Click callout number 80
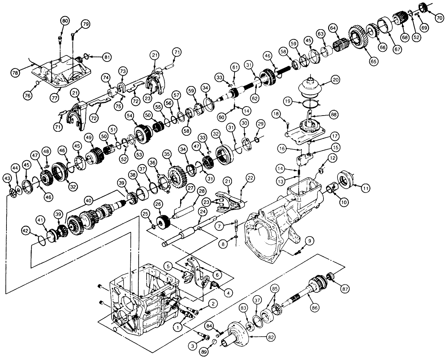tap(65, 21)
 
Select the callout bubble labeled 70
tap(439, 18)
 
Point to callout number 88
tap(334, 114)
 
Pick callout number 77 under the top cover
tap(54, 98)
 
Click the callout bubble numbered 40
tap(89, 201)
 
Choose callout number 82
tap(271, 337)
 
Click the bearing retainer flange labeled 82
tap(238, 334)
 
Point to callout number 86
tap(315, 308)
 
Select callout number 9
tap(310, 241)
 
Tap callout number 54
tap(130, 116)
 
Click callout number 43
tap(8, 178)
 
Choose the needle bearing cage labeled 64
tap(341, 44)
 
